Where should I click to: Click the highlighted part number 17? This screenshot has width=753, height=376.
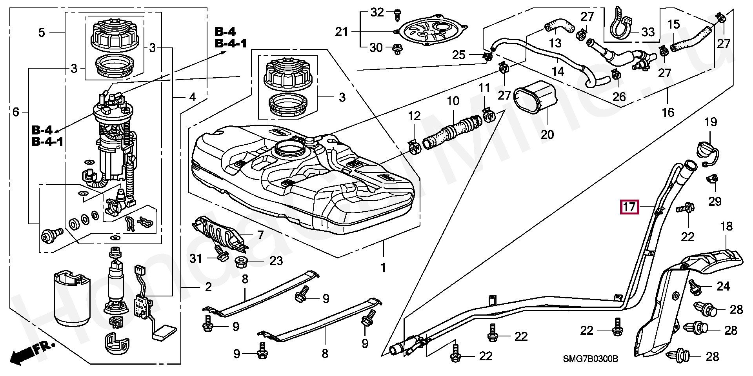point(629,207)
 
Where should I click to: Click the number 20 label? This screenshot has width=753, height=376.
point(547,134)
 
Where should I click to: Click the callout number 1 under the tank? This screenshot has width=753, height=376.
point(383,267)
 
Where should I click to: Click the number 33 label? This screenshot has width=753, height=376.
point(648,32)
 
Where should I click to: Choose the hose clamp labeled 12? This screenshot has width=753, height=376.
point(415,147)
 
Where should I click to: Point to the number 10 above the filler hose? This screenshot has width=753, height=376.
point(453,101)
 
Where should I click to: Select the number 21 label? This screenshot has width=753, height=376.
point(341,31)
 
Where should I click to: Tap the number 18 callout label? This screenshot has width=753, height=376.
point(726,226)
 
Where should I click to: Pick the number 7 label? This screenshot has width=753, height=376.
point(260,235)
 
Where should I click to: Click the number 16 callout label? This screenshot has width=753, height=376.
point(668,113)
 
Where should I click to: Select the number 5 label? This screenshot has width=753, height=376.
point(42,32)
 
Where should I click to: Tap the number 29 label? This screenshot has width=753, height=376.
point(715,201)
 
